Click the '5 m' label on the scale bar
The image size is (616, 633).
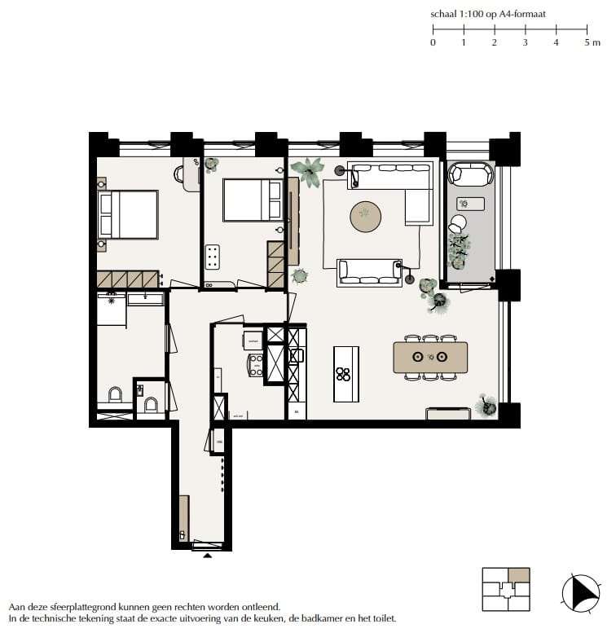click(x=592, y=42)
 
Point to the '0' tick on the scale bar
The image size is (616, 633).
click(x=433, y=42)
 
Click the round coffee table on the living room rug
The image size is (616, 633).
click(x=365, y=215)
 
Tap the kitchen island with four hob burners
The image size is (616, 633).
click(x=345, y=374)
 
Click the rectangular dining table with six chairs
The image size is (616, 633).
click(x=429, y=357)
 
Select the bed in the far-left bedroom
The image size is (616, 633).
click(x=128, y=214)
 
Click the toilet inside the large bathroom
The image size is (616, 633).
click(x=115, y=396)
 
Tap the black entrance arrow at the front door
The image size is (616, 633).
click(x=207, y=556)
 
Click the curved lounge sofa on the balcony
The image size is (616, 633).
click(x=471, y=174)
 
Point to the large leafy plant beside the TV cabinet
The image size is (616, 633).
click(x=309, y=172)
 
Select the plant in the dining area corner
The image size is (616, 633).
click(x=486, y=405)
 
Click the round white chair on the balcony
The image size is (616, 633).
click(x=459, y=222)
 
